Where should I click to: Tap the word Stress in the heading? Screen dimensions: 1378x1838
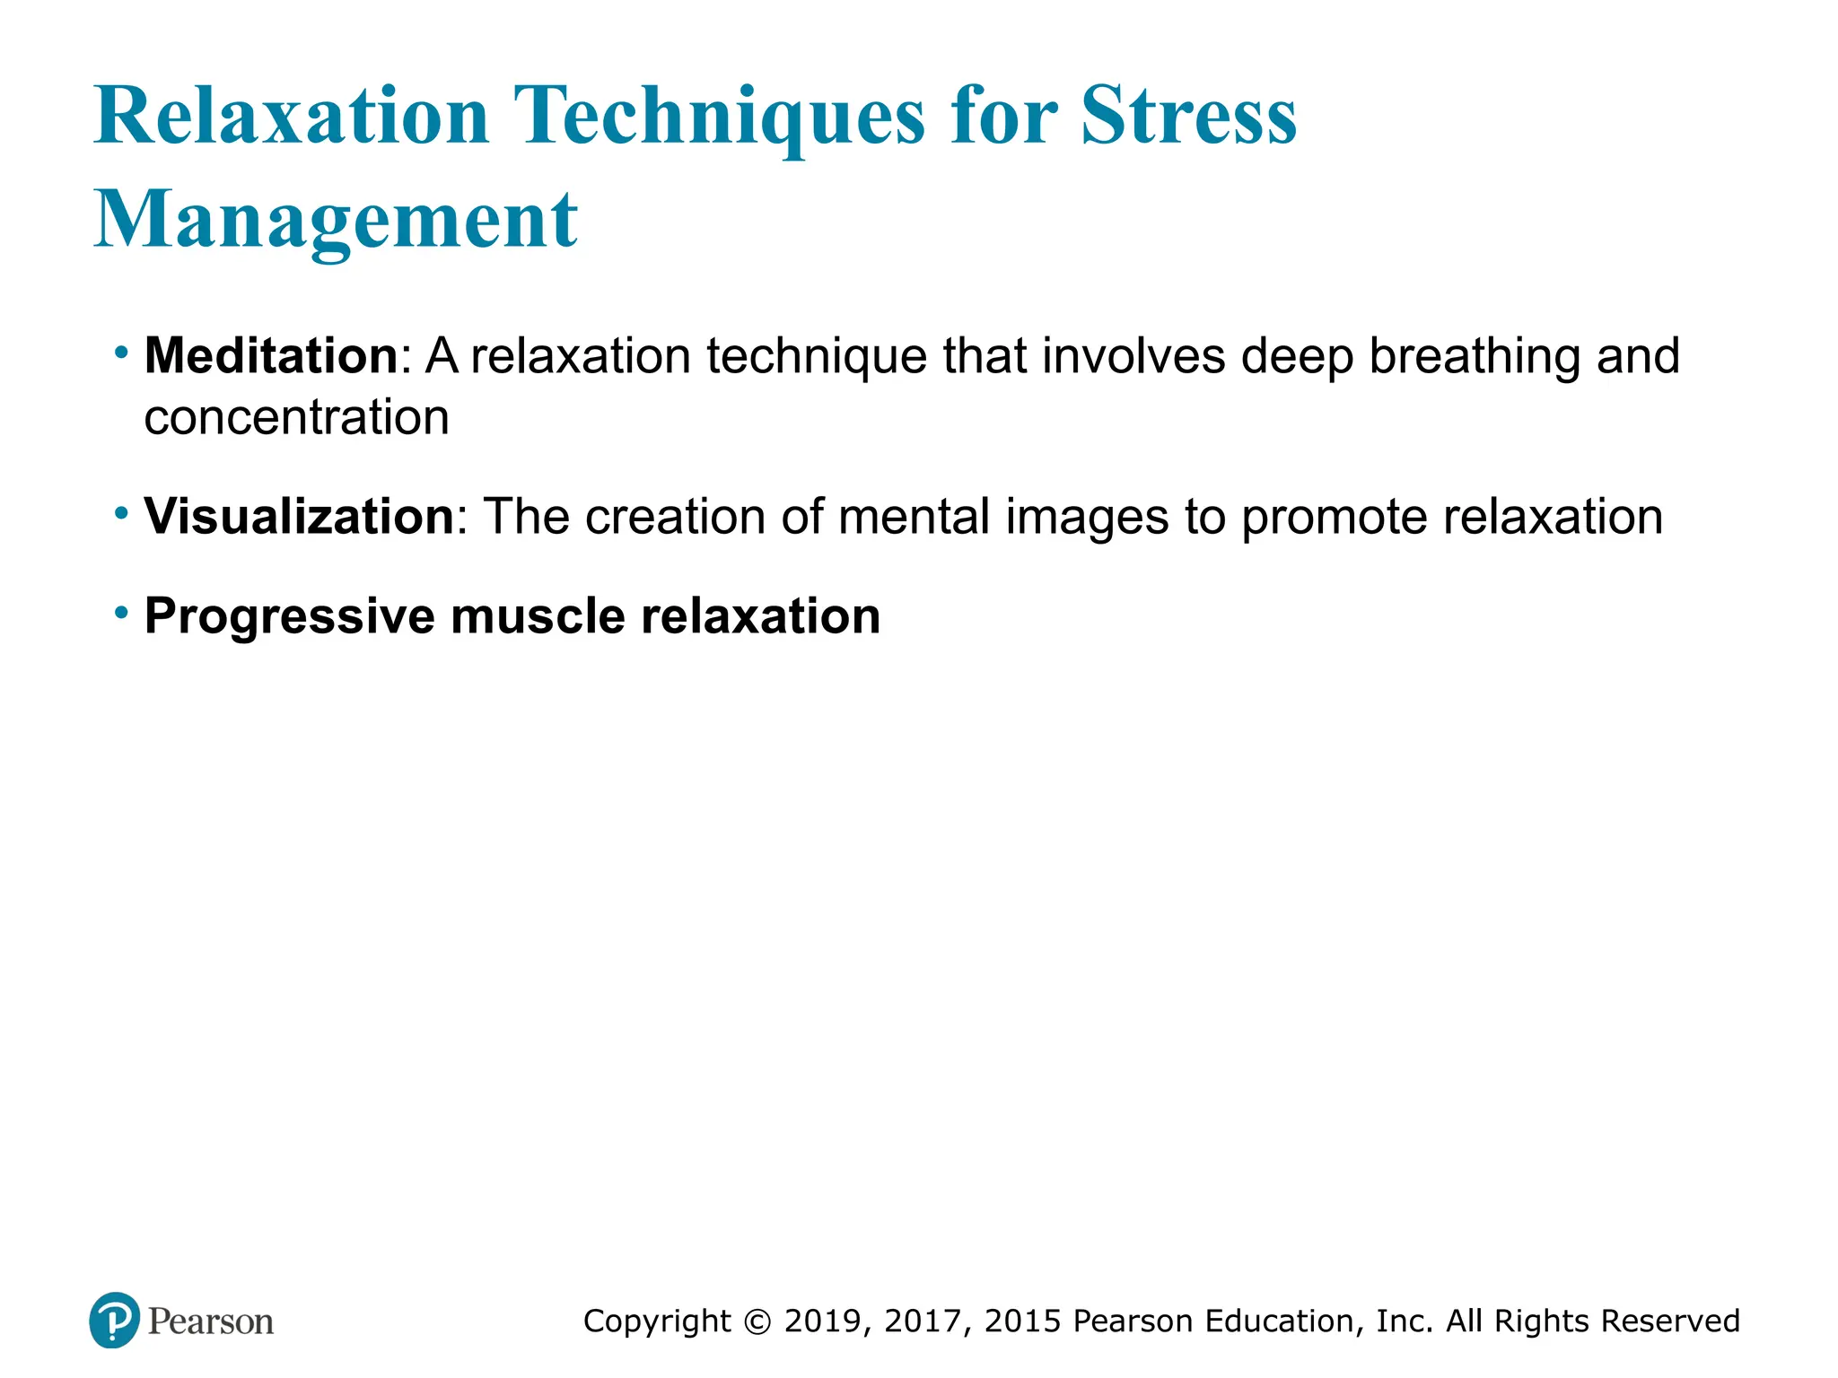click(1189, 117)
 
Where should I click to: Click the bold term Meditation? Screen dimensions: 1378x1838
click(271, 355)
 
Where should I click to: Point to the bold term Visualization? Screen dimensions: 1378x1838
click(300, 517)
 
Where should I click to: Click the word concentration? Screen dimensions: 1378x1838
click(296, 417)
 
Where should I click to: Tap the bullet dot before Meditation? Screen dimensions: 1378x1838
click(121, 353)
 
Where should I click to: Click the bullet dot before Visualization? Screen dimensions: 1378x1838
click(121, 514)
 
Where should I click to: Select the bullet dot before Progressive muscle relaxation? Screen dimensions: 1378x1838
click(121, 614)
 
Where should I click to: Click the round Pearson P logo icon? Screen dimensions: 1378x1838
click(114, 1321)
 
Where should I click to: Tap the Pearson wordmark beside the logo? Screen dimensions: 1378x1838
click(211, 1321)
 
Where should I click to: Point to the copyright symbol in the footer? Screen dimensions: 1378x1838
click(758, 1321)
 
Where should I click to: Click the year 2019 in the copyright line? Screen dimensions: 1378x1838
click(823, 1321)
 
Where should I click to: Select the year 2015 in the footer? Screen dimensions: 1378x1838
click(1023, 1321)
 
